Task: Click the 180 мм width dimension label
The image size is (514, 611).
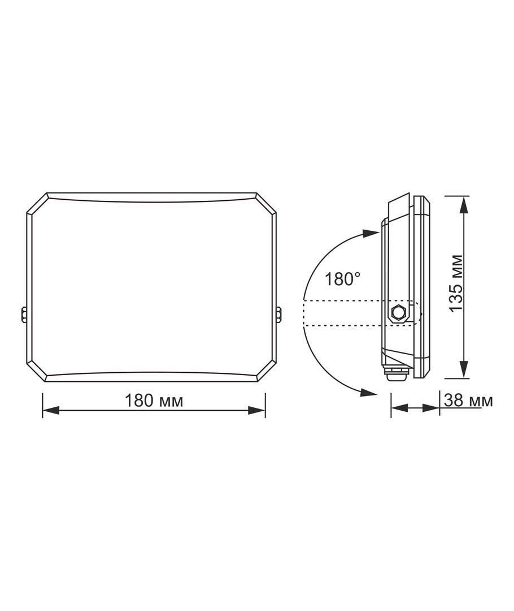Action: [x=154, y=400]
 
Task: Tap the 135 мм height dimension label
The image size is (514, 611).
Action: [x=456, y=283]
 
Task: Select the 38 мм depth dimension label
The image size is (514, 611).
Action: [x=468, y=400]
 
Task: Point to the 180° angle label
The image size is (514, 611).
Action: [x=342, y=279]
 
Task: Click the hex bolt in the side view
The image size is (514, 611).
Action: [x=398, y=312]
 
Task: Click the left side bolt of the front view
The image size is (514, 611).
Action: [x=23, y=315]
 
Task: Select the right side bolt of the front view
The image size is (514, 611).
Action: [x=279, y=315]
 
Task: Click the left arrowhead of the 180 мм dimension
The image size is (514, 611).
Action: [x=51, y=410]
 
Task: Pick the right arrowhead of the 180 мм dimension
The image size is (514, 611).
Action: [x=257, y=410]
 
